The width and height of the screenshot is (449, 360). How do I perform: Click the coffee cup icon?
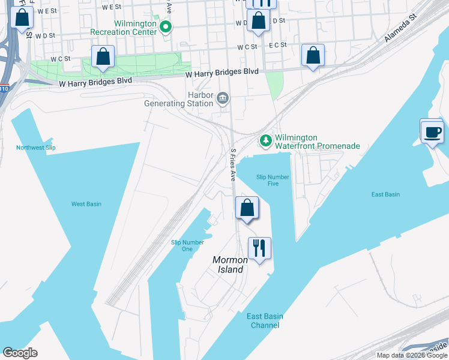point(432,131)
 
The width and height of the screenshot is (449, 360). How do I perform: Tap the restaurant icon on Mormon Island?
point(259,248)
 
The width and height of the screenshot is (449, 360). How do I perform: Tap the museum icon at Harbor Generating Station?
point(223,97)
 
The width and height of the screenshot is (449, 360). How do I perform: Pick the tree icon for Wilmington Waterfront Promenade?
point(265,140)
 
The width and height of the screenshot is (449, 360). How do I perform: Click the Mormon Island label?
point(231,265)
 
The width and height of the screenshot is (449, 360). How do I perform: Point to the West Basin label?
point(86,204)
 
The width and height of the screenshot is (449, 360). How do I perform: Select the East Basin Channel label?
point(265,321)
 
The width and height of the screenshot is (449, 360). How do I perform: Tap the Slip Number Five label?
point(273,181)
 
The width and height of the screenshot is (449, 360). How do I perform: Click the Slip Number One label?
point(187,246)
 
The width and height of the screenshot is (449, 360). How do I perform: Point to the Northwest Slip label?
point(35,148)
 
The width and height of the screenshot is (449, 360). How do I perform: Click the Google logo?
point(20,353)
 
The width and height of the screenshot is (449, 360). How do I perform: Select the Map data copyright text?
point(412,355)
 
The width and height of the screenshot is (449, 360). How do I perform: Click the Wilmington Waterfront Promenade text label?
point(317,141)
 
